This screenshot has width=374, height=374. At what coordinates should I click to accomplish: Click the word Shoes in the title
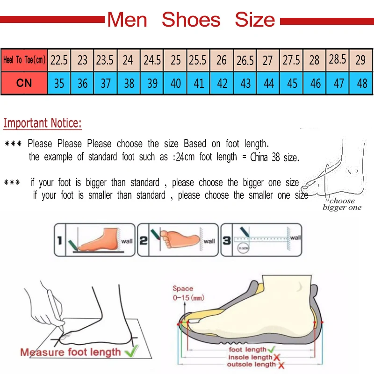point(191,20)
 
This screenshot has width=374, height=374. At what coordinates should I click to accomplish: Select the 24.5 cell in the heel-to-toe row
point(152,60)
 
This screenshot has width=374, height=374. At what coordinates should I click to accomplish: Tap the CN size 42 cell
point(223,83)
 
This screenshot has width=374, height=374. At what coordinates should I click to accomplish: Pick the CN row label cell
point(24,83)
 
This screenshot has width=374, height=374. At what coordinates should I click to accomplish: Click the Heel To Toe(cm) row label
point(24,60)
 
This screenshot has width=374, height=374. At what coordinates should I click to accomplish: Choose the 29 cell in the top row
point(360,60)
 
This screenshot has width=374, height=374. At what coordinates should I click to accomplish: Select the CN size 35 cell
point(59,84)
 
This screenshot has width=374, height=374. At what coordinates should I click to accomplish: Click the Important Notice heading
point(43,123)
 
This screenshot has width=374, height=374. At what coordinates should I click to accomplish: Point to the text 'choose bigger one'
point(342,204)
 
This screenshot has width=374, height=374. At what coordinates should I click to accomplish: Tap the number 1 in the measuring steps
point(59,241)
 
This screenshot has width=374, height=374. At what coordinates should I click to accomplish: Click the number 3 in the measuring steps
point(226,241)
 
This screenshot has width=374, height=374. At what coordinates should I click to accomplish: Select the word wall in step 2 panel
point(209,241)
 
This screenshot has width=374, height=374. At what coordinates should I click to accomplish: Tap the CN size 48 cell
point(361,84)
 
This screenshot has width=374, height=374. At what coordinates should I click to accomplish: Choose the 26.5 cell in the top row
point(245,60)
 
